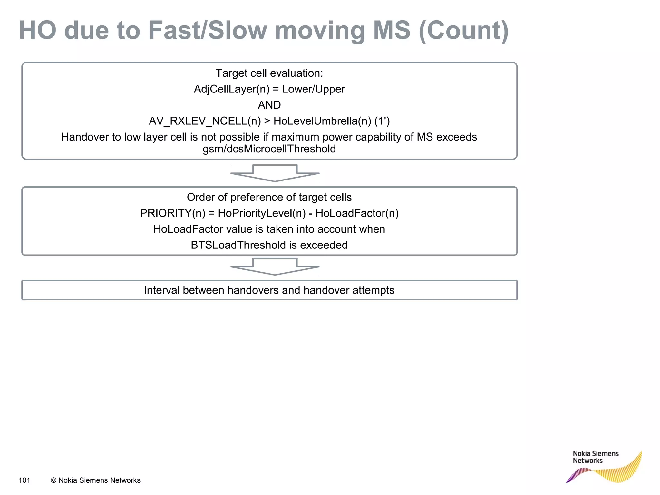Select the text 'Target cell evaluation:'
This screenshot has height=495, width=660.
[269, 73]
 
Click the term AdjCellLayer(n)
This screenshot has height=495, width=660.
[231, 89]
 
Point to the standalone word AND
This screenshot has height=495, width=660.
[269, 105]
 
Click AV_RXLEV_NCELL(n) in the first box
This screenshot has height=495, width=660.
[205, 121]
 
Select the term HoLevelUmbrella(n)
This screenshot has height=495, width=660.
[322, 121]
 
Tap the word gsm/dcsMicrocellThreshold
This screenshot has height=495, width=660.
[269, 149]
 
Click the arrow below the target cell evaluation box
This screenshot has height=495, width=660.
[275, 173]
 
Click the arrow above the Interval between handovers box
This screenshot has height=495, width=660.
[275, 267]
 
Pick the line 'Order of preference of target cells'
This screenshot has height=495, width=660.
[269, 197]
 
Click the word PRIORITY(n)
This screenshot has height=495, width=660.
[172, 213]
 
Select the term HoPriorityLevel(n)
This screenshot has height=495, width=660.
[262, 213]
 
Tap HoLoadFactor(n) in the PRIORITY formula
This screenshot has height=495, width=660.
[357, 213]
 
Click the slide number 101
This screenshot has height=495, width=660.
[24, 480]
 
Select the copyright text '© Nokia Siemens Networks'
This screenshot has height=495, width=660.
[96, 480]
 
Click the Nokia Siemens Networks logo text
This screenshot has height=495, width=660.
[596, 457]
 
